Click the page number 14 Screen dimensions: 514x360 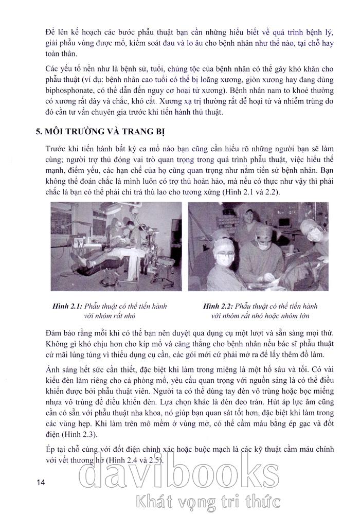pyautogui.click(x=41, y=482)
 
